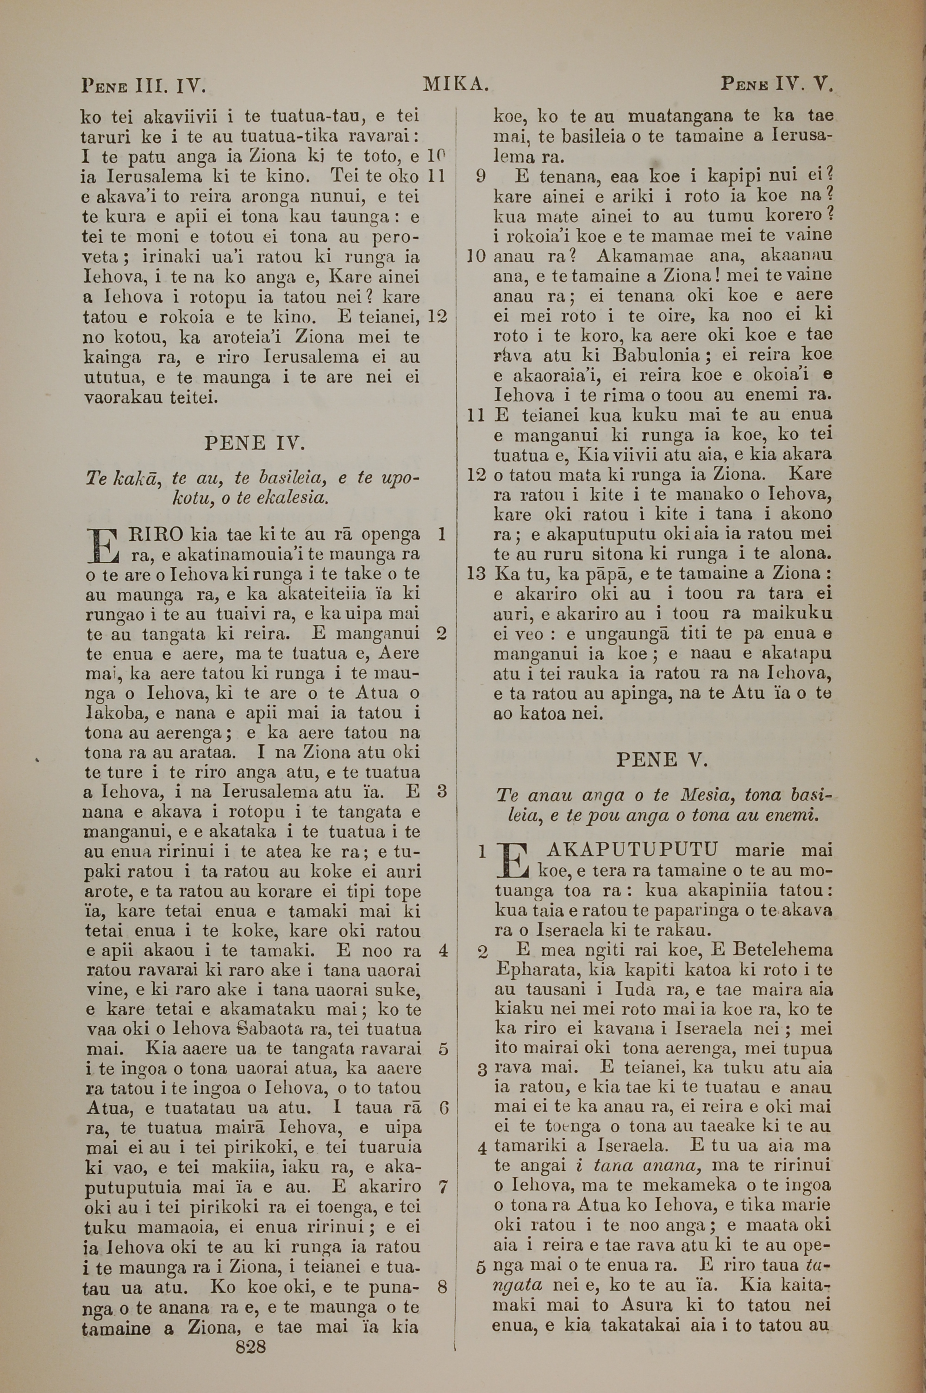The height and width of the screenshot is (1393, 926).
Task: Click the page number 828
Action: [250, 1330]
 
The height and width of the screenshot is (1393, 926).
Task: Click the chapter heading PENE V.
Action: [662, 760]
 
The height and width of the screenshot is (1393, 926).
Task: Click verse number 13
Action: [476, 573]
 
